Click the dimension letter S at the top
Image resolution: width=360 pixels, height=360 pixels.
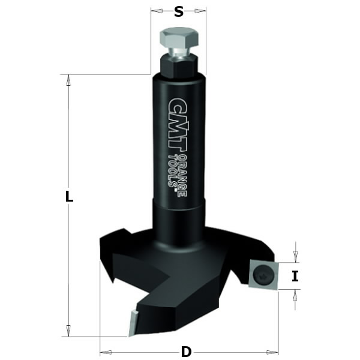point(178,11)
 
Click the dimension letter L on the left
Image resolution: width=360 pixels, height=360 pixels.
point(69,196)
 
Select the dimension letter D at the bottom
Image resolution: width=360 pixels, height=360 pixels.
point(187,351)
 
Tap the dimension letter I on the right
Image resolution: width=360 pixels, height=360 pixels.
point(295,276)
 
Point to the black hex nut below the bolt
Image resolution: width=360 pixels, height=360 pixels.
point(178,65)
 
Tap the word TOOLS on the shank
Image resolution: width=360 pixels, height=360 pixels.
point(172,174)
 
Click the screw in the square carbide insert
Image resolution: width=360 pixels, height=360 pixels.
point(263,275)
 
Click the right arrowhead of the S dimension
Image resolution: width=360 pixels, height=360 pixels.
point(203,11)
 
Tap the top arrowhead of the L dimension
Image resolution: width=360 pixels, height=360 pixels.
point(68,79)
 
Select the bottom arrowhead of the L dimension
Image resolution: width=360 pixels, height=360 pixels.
point(68,331)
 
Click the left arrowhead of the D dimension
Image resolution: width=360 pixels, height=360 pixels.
point(104,352)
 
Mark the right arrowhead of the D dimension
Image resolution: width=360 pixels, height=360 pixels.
point(274,352)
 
